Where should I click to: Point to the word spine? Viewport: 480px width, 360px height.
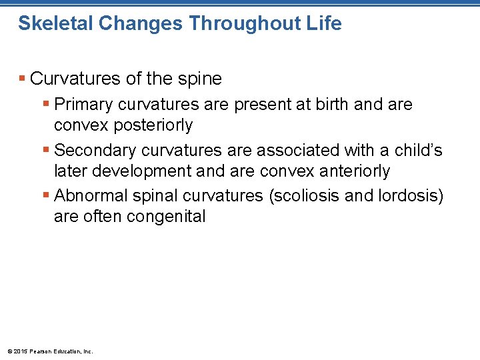199,79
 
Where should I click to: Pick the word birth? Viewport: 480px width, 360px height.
332,105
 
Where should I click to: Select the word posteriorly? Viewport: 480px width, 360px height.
151,125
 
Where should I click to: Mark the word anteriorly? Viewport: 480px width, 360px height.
349,171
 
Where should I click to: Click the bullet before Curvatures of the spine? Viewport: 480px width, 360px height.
22,79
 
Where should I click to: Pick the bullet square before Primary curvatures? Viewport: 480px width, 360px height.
45,105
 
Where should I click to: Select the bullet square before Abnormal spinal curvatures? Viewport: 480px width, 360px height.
45,196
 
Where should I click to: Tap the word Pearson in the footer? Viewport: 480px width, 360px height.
39,351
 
